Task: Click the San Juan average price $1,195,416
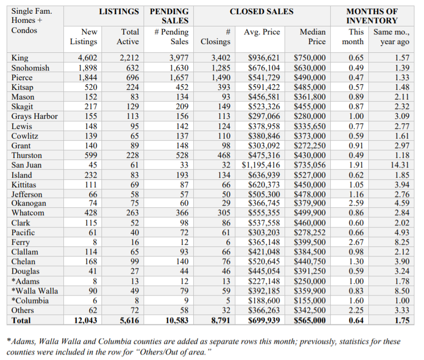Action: tap(261, 165)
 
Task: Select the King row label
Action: tap(20, 58)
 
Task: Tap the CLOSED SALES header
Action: tap(261, 11)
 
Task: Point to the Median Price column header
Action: tap(312, 37)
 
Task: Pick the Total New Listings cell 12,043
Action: tap(83, 320)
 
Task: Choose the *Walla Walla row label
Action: tap(34, 291)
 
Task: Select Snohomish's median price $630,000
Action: tap(310, 68)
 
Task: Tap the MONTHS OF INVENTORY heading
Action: tap(372, 16)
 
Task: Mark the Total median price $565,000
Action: tap(310, 320)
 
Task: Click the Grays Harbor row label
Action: tap(34, 116)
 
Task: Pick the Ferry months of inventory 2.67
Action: tap(356, 242)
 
